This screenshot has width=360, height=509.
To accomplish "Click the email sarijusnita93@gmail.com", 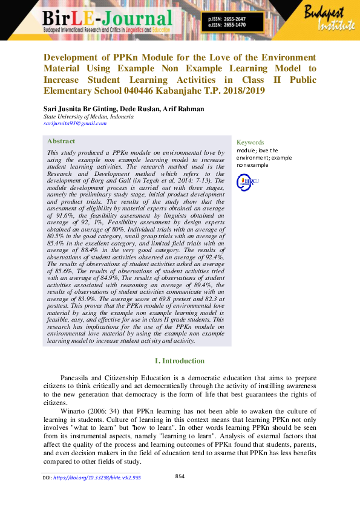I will point(74,123).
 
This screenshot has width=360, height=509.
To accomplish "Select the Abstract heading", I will point(61,141).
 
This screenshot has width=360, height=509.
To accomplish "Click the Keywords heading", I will point(250,143).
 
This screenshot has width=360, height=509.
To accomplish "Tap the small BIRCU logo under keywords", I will point(247,180).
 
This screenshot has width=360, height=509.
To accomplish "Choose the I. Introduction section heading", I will point(180,361).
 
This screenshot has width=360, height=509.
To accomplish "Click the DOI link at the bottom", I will point(97,478).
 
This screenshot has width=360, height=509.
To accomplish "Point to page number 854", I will point(180,476).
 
